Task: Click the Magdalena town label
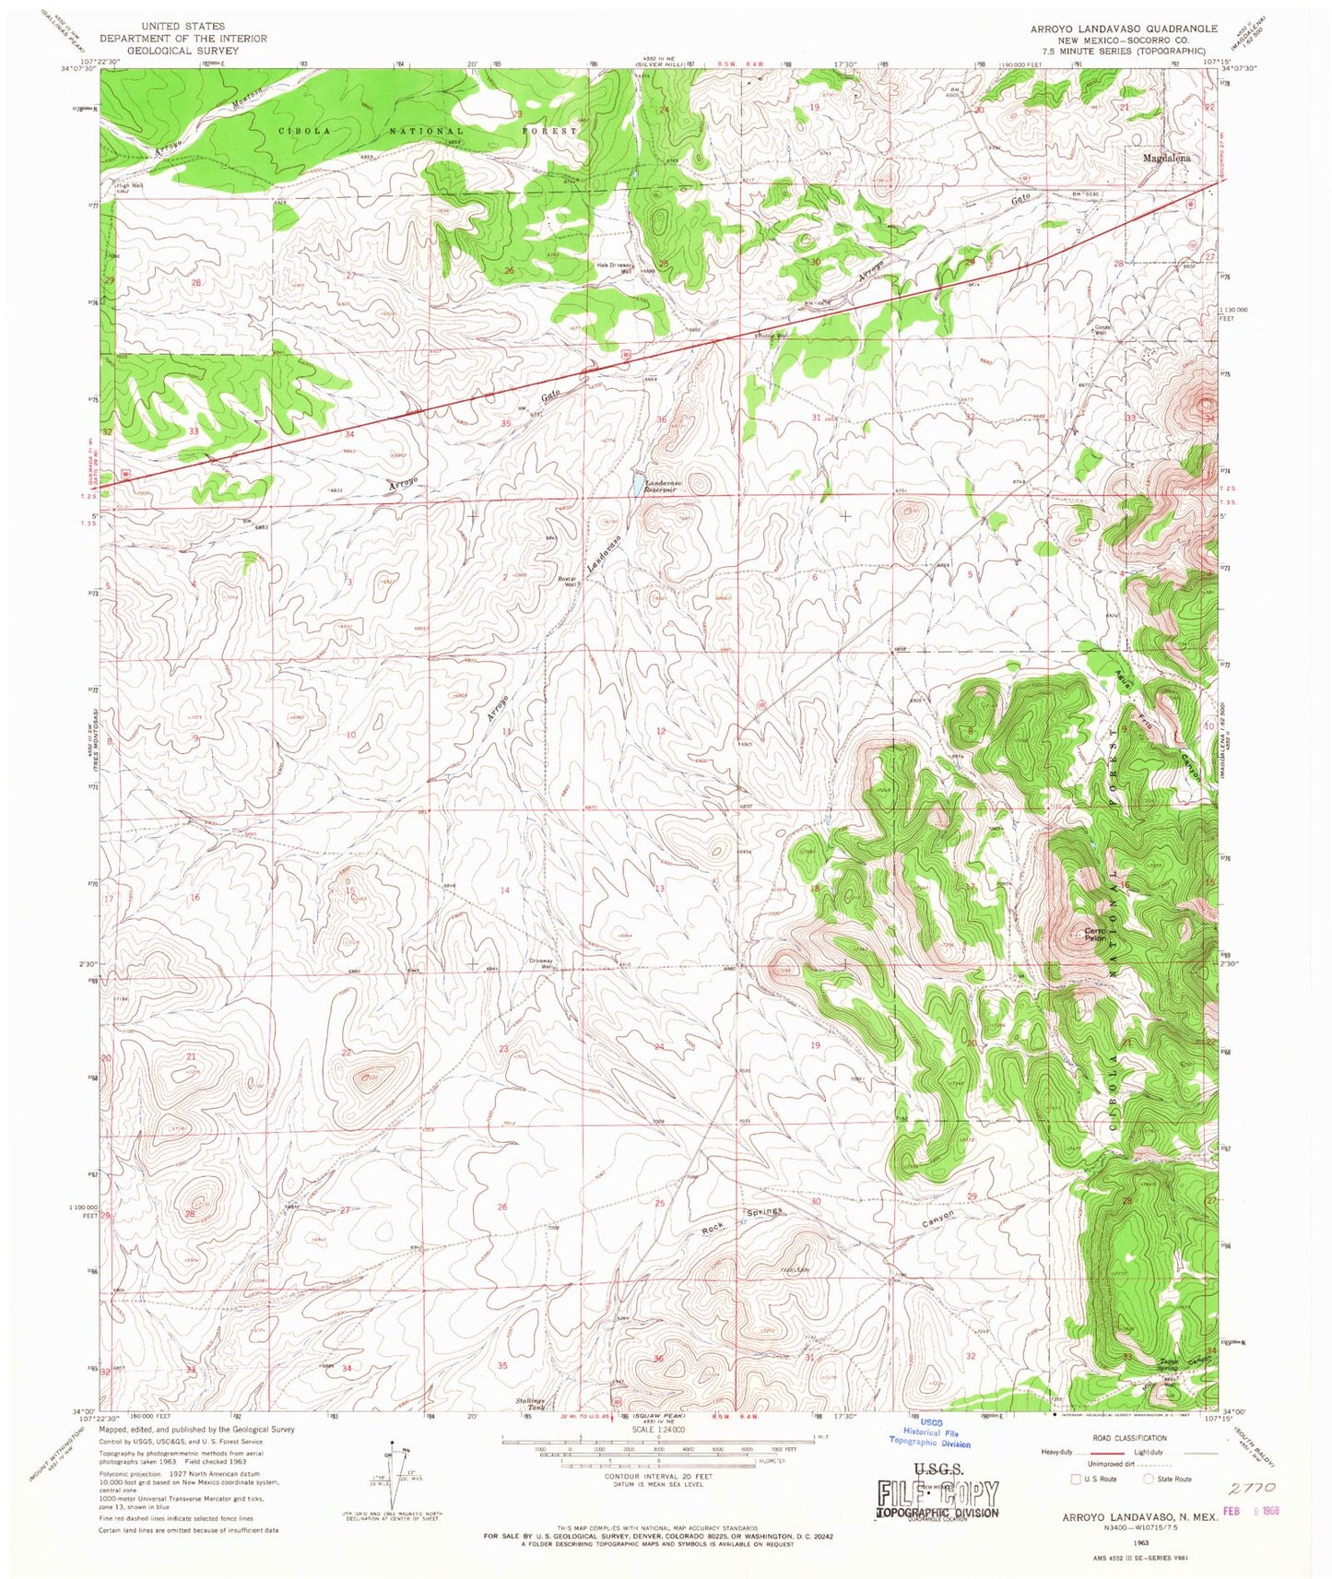(x=1166, y=159)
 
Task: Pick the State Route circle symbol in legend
(x=1149, y=1479)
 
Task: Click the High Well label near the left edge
(x=129, y=185)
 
